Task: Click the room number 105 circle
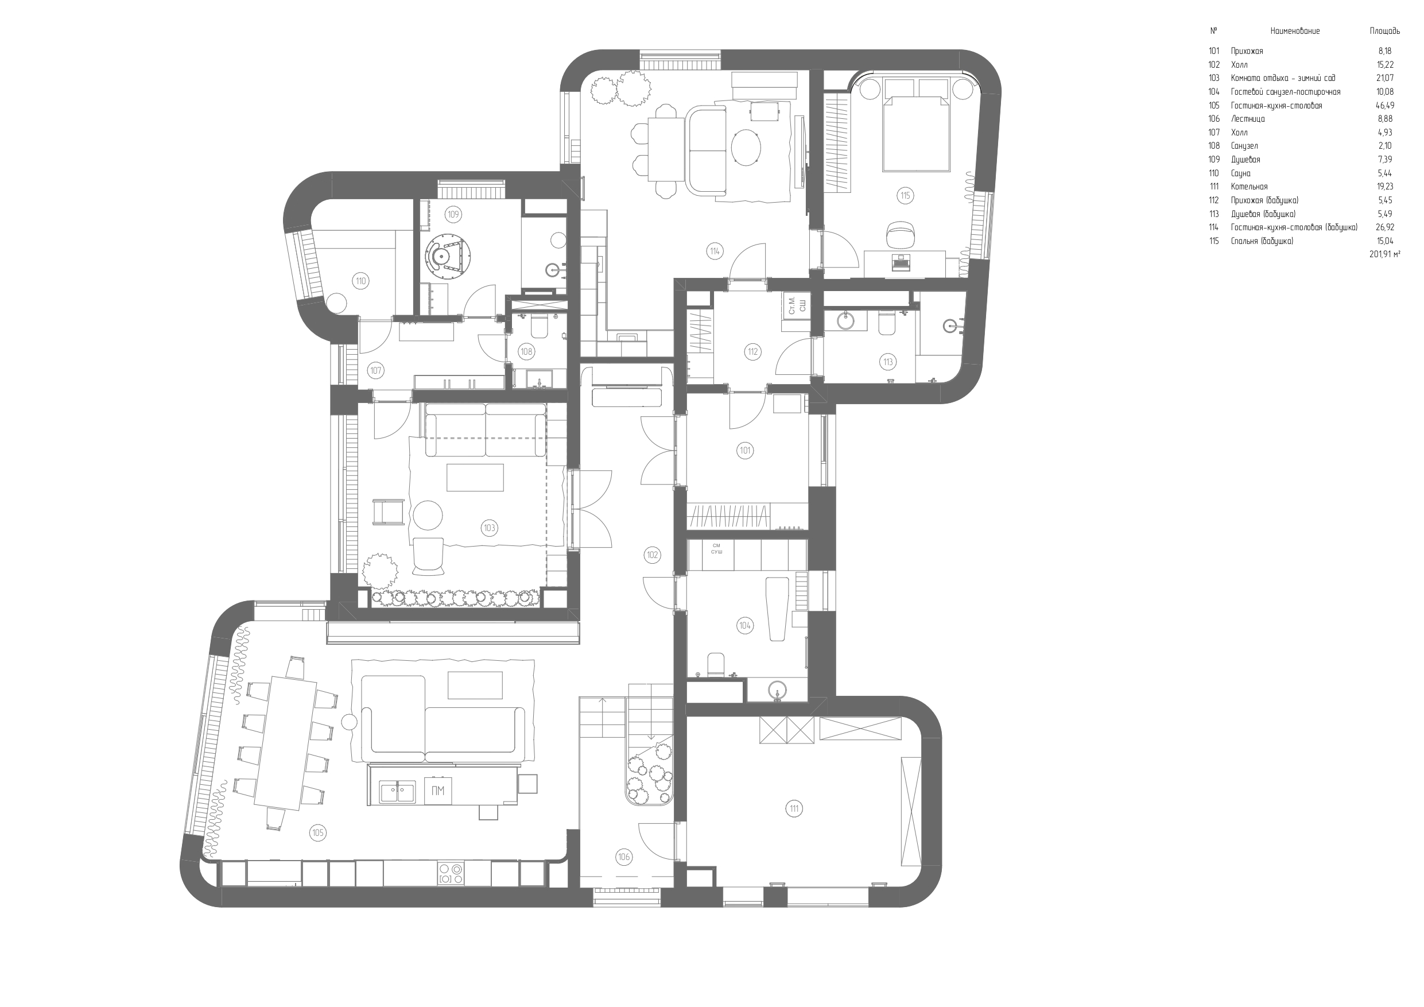point(317,832)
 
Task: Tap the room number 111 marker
point(794,808)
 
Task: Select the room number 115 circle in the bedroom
point(905,195)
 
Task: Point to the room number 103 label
point(490,528)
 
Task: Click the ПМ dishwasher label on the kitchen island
point(438,791)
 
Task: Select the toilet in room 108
point(538,326)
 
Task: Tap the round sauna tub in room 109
point(448,254)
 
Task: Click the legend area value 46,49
point(1384,106)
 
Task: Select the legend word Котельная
point(1248,187)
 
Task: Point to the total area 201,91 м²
point(1384,254)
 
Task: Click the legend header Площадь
point(1384,31)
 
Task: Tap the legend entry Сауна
point(1240,173)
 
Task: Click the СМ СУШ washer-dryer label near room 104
point(716,548)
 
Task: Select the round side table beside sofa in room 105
point(350,722)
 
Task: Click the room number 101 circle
point(745,451)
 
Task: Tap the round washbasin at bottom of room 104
point(777,690)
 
